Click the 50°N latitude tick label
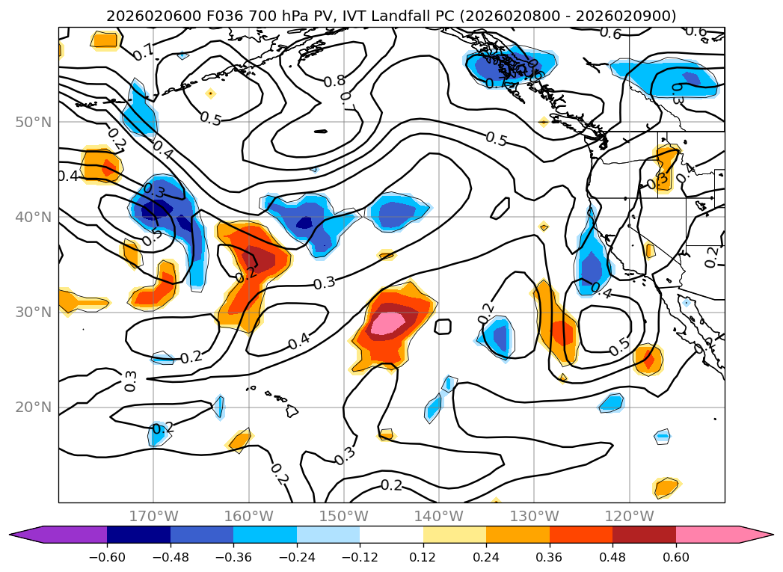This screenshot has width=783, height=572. pyautogui.click(x=34, y=122)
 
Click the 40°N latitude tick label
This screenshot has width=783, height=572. pyautogui.click(x=34, y=218)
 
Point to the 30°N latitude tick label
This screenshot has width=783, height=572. pyautogui.click(x=34, y=313)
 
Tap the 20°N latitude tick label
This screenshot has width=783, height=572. pyautogui.click(x=34, y=408)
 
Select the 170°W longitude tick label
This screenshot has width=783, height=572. pyautogui.click(x=153, y=516)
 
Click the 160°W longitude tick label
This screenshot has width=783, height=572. pyautogui.click(x=248, y=516)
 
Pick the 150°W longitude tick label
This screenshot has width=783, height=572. pyautogui.click(x=343, y=516)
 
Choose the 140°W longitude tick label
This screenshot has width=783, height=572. pyautogui.click(x=438, y=516)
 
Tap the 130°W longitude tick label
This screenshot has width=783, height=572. pyautogui.click(x=533, y=516)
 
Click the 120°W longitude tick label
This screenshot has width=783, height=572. pyautogui.click(x=628, y=516)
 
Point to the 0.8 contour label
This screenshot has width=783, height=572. pyautogui.click(x=334, y=81)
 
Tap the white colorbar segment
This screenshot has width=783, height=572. pyautogui.click(x=391, y=534)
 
